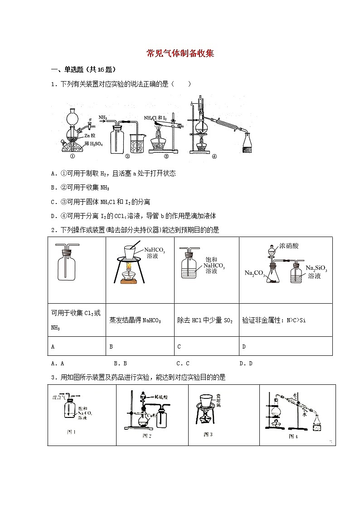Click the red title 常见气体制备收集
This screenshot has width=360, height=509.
180,53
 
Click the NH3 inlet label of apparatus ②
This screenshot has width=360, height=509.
103,118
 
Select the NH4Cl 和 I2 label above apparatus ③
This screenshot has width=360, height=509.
156,118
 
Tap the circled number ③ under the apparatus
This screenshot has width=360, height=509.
166,157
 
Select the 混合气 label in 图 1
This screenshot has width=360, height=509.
58,396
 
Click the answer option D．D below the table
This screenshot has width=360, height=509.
246,363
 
